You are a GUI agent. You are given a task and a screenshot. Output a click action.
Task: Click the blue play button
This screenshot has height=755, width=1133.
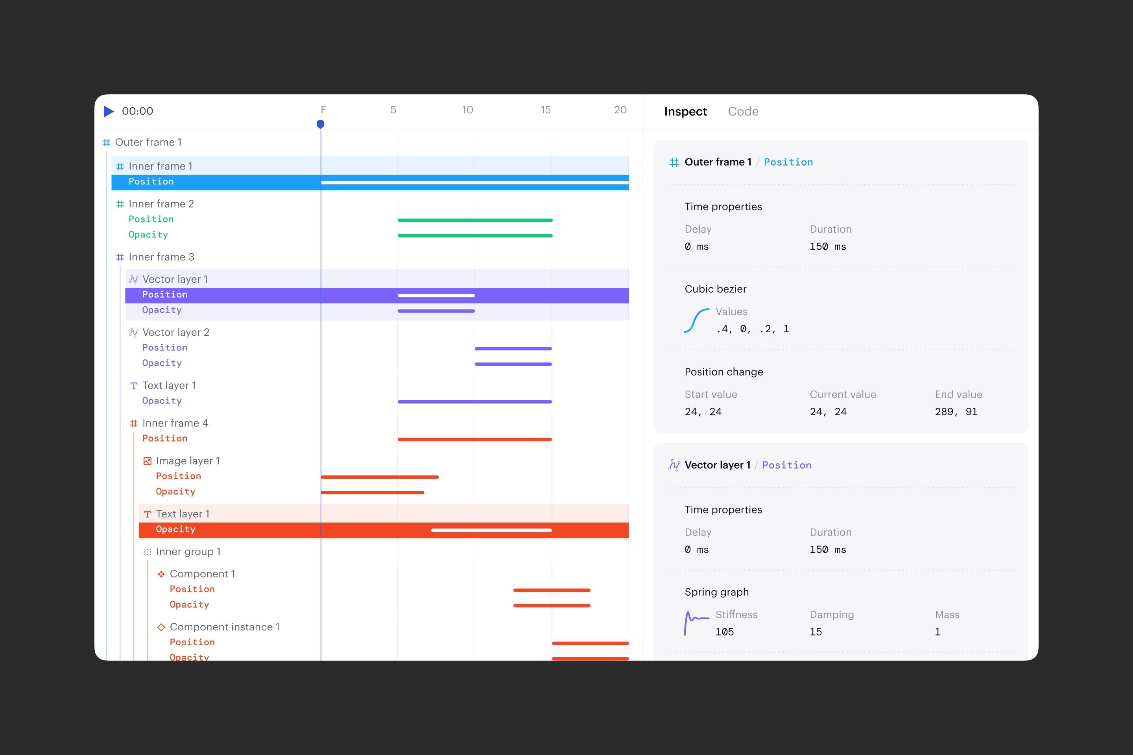[109, 111]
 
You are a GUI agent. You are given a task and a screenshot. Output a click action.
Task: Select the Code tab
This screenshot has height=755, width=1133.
[743, 111]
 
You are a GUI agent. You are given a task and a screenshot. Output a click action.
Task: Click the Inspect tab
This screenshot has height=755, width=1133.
[685, 111]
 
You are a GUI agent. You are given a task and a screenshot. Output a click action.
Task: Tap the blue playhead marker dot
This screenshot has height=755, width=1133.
[320, 124]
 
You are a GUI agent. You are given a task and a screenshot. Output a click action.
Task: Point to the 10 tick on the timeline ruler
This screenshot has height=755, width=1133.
[467, 110]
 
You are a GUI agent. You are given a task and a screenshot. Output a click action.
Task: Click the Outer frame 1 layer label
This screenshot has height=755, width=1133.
[148, 142]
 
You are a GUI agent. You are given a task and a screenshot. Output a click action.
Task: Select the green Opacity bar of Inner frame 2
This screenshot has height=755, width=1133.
[475, 236]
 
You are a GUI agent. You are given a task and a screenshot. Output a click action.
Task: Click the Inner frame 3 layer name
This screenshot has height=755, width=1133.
[161, 257]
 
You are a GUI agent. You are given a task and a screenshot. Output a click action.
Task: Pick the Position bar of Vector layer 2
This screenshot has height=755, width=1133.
[513, 349]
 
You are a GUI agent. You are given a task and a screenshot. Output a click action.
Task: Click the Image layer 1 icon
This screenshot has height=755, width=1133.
[148, 461]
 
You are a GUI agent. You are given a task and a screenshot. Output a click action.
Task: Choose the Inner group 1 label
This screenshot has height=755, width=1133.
[188, 552]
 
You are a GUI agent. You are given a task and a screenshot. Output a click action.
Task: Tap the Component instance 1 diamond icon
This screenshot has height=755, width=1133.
[161, 627]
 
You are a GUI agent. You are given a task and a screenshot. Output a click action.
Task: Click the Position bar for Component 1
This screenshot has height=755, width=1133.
[552, 590]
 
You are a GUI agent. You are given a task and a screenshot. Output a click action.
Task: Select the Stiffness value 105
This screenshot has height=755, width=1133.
[725, 632]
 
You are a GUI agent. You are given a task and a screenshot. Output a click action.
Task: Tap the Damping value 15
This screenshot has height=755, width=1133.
[816, 632]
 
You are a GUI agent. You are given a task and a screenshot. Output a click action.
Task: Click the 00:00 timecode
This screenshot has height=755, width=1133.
[137, 111]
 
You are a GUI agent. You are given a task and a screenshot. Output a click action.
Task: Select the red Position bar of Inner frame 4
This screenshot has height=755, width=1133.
[474, 439]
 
